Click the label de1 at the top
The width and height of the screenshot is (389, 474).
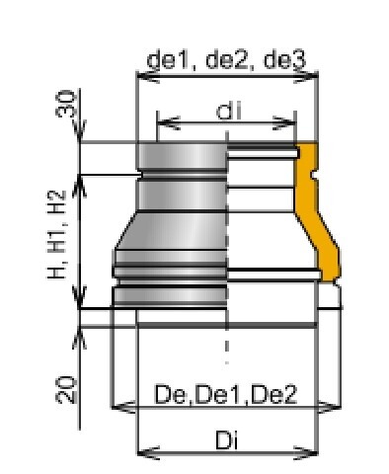(x=170, y=60)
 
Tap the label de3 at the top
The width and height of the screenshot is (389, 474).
(x=285, y=60)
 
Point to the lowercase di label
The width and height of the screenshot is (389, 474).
(x=229, y=111)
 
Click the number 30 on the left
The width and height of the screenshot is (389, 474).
(x=66, y=104)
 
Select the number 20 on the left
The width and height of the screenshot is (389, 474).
(x=66, y=390)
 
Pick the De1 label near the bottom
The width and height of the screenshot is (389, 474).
(x=221, y=394)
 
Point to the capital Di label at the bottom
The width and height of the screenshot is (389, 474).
(x=226, y=440)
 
